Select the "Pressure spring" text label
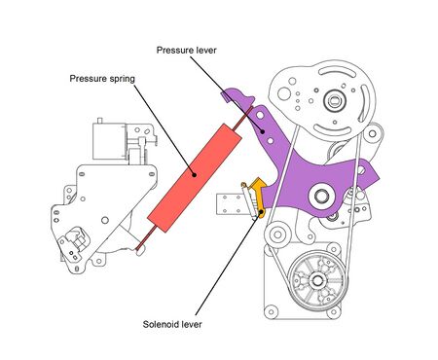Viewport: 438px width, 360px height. [x=101, y=79]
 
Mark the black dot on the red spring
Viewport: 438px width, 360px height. [x=194, y=176]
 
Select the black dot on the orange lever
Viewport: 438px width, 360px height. [x=260, y=205]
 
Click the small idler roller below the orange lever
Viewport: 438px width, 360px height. [x=276, y=234]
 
